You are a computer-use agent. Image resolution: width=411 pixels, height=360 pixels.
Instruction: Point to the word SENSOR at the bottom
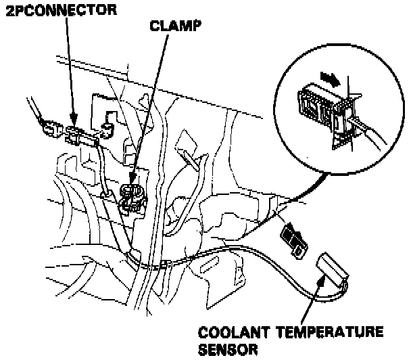click(227, 351)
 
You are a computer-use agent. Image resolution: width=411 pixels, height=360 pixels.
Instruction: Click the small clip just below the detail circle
click(292, 241)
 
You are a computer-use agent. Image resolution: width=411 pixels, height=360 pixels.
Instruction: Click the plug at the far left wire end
click(48, 127)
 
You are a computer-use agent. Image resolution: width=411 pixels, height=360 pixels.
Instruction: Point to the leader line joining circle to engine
click(284, 196)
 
